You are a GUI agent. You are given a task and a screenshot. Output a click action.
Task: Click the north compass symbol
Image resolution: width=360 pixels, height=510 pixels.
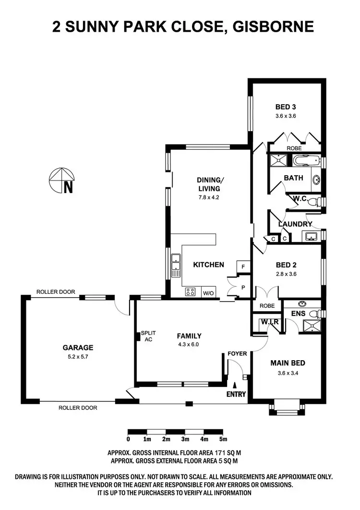[62, 181]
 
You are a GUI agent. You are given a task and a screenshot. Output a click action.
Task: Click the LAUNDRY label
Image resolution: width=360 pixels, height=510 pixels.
[295, 224]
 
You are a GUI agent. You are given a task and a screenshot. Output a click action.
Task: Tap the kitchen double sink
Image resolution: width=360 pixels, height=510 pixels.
[176, 265]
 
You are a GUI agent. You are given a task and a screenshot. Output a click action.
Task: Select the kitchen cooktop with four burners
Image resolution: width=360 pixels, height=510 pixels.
[190, 291]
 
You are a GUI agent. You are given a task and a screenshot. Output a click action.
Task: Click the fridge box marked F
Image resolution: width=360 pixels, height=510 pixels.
[243, 267]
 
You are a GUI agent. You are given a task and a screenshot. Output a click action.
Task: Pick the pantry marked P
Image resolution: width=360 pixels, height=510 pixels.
[243, 287]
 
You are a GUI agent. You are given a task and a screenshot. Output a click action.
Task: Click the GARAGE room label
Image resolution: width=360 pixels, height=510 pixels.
[78, 348]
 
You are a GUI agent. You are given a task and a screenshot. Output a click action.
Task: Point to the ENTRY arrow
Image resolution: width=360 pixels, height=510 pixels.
[235, 385]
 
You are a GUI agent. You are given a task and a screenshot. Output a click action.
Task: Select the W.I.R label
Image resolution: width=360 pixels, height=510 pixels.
[270, 321]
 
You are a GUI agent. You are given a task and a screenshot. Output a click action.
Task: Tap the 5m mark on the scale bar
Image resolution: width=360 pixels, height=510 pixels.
[223, 438]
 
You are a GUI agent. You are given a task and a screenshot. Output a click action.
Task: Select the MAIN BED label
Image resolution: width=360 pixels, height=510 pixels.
[288, 363]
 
